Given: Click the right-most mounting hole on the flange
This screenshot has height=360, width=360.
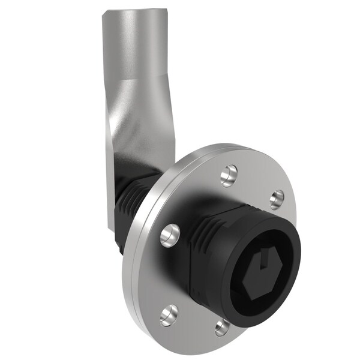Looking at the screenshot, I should [276, 199].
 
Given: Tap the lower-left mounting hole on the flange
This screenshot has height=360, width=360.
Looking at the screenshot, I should [169, 314].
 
